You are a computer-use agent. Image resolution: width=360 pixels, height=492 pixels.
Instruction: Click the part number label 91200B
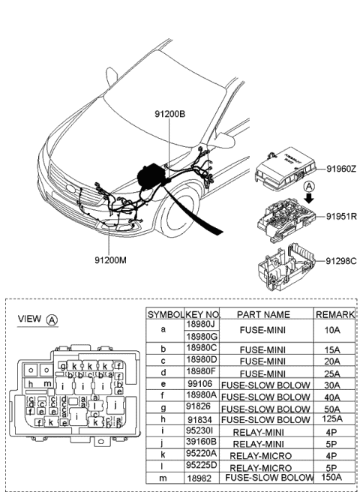tap(169, 114)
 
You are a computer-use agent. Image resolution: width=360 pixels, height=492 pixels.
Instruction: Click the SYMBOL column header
tap(164, 315)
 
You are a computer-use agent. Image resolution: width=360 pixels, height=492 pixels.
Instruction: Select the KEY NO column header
tap(201, 315)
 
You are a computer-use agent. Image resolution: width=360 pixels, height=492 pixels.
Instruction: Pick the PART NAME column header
tap(262, 315)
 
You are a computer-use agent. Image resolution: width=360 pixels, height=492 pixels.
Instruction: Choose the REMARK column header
tap(331, 315)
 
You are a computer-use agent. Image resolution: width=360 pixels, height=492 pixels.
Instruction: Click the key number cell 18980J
tap(201, 325)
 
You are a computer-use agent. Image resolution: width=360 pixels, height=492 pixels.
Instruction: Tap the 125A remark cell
tap(331, 420)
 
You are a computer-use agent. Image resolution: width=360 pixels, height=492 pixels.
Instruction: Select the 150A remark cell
tap(331, 476)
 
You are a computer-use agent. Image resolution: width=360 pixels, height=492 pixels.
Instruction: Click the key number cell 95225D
tap(201, 465)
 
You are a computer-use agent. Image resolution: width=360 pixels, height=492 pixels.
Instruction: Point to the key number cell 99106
tap(201, 384)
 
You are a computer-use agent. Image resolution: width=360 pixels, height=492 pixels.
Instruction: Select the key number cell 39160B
tap(201, 442)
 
